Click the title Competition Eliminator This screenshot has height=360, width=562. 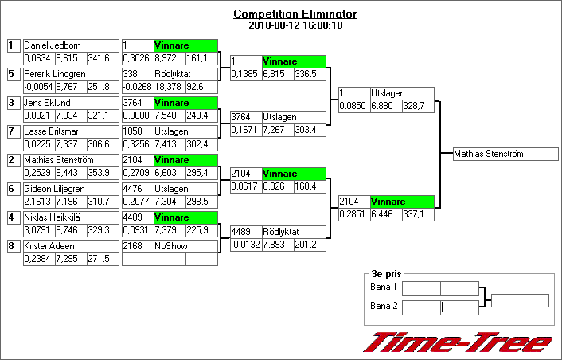[x=295, y=14]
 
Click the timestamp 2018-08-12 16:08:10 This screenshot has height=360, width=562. [x=295, y=25]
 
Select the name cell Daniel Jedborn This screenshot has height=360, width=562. [x=71, y=45]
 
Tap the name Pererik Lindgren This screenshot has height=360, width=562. [x=55, y=74]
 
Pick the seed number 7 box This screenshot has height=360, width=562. [x=14, y=131]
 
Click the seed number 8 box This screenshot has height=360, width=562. [x=14, y=246]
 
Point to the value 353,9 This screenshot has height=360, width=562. [x=103, y=173]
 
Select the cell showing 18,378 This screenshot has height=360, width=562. [x=170, y=87]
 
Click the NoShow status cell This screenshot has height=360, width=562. [x=185, y=246]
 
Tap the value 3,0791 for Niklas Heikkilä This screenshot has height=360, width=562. [x=40, y=230]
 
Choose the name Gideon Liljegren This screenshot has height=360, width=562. [x=54, y=189]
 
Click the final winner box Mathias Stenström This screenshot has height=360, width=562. [x=505, y=154]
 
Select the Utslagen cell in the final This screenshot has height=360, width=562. [x=402, y=93]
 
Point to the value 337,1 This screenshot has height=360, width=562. [x=418, y=214]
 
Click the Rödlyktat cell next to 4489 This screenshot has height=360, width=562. [x=294, y=232]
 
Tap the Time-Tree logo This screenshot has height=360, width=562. [x=458, y=342]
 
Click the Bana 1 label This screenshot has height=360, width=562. [x=384, y=287]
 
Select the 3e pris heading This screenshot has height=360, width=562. [x=386, y=274]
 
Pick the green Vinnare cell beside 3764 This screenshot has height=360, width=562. [x=185, y=103]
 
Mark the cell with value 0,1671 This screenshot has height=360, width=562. [x=246, y=130]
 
